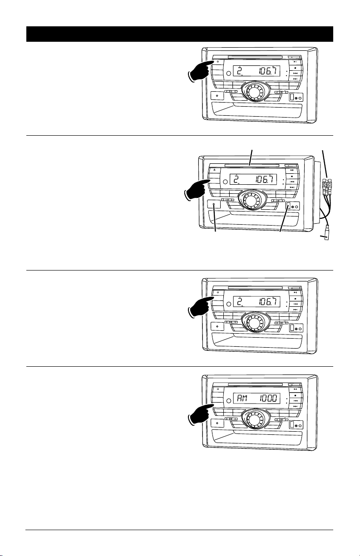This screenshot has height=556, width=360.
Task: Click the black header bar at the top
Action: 179,34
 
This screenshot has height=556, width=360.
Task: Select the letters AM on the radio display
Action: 242,399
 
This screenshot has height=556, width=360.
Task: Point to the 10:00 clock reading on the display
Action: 268,399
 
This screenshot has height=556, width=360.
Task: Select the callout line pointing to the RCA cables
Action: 325,164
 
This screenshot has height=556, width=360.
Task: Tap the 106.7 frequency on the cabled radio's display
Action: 266,179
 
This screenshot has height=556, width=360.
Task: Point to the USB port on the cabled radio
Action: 288,206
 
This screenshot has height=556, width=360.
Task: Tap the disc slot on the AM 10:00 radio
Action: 255,384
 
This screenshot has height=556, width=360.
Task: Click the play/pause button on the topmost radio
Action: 295,61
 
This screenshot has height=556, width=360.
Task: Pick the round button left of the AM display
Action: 228,400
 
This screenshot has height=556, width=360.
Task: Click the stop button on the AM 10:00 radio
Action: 295,395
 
